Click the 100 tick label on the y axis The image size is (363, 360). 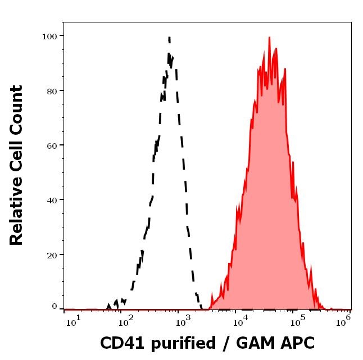click(49, 36)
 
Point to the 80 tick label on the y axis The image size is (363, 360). click(52, 90)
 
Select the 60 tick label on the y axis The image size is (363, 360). click(52, 145)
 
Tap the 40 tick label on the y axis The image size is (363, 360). click(52, 199)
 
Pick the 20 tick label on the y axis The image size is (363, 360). click(52, 254)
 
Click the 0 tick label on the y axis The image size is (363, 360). click(55, 307)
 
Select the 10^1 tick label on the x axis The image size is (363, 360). click(75, 320)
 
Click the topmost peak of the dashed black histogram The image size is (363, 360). click(169, 37)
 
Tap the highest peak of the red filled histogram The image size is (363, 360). click(269, 38)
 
